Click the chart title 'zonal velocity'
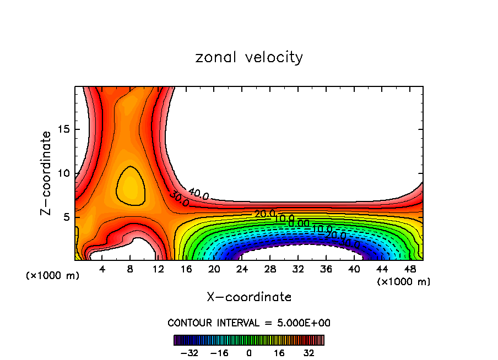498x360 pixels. click(x=249, y=57)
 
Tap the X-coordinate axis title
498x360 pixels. click(x=249, y=297)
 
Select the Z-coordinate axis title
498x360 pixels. click(x=46, y=173)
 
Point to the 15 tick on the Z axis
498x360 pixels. click(x=65, y=129)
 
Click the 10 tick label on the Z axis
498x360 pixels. click(x=65, y=173)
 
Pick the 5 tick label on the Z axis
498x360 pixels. click(x=68, y=217)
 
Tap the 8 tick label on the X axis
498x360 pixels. click(x=130, y=269)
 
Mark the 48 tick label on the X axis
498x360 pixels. click(x=409, y=269)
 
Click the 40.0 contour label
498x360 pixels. click(x=198, y=194)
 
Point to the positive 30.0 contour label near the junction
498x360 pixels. click(x=180, y=199)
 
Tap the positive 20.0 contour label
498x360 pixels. click(x=264, y=214)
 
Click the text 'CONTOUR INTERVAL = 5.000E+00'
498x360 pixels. click(x=249, y=323)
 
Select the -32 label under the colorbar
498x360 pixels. click(x=190, y=352)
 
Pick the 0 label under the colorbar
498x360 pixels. click(x=249, y=352)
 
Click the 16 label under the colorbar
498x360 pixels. click(x=279, y=352)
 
